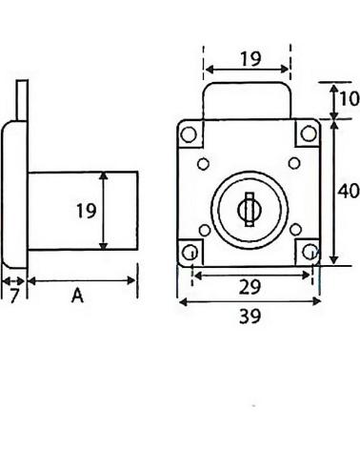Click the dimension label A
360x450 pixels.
(x=77, y=296)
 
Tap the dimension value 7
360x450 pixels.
(x=14, y=296)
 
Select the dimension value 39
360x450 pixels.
(x=250, y=317)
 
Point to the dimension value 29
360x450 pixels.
(x=250, y=287)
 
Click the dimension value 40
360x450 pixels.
(x=349, y=191)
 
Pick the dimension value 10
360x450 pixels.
(x=350, y=98)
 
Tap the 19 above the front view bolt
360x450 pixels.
(x=250, y=59)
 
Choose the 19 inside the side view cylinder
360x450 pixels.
(x=87, y=211)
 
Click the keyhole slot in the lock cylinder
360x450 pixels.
(x=250, y=210)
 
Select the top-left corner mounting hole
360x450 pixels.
(x=189, y=134)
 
